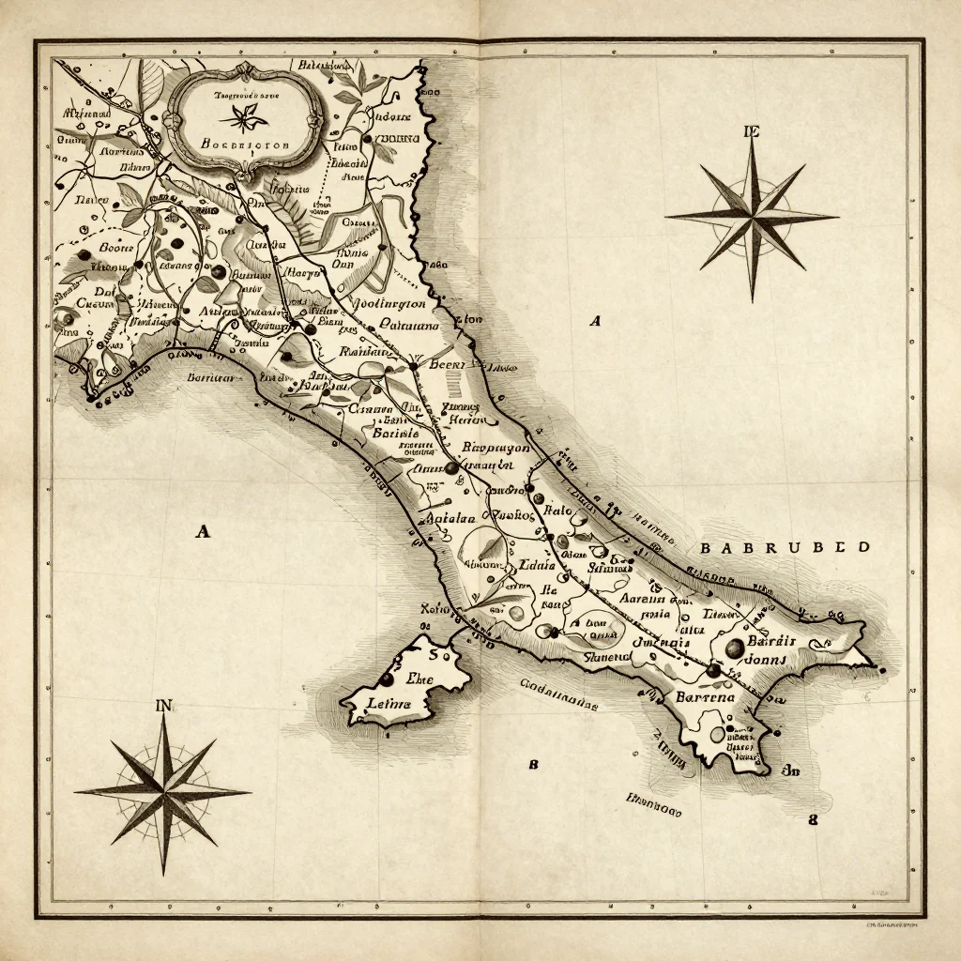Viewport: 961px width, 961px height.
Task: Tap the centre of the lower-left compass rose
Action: click(164, 791)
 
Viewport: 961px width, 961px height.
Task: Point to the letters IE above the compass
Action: click(750, 132)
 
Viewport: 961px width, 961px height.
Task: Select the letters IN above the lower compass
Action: click(164, 706)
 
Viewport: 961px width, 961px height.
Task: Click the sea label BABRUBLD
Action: click(785, 547)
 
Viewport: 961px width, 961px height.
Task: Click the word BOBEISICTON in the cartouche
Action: click(246, 145)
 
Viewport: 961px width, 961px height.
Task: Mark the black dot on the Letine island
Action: click(385, 678)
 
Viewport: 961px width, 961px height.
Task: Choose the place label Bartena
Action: click(708, 697)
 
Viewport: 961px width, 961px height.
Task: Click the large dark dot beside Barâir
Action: click(735, 647)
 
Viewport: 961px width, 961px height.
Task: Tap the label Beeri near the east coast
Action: click(448, 365)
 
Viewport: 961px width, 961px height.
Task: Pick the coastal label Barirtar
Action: click(211, 377)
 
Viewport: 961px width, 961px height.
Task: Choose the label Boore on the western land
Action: click(117, 249)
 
